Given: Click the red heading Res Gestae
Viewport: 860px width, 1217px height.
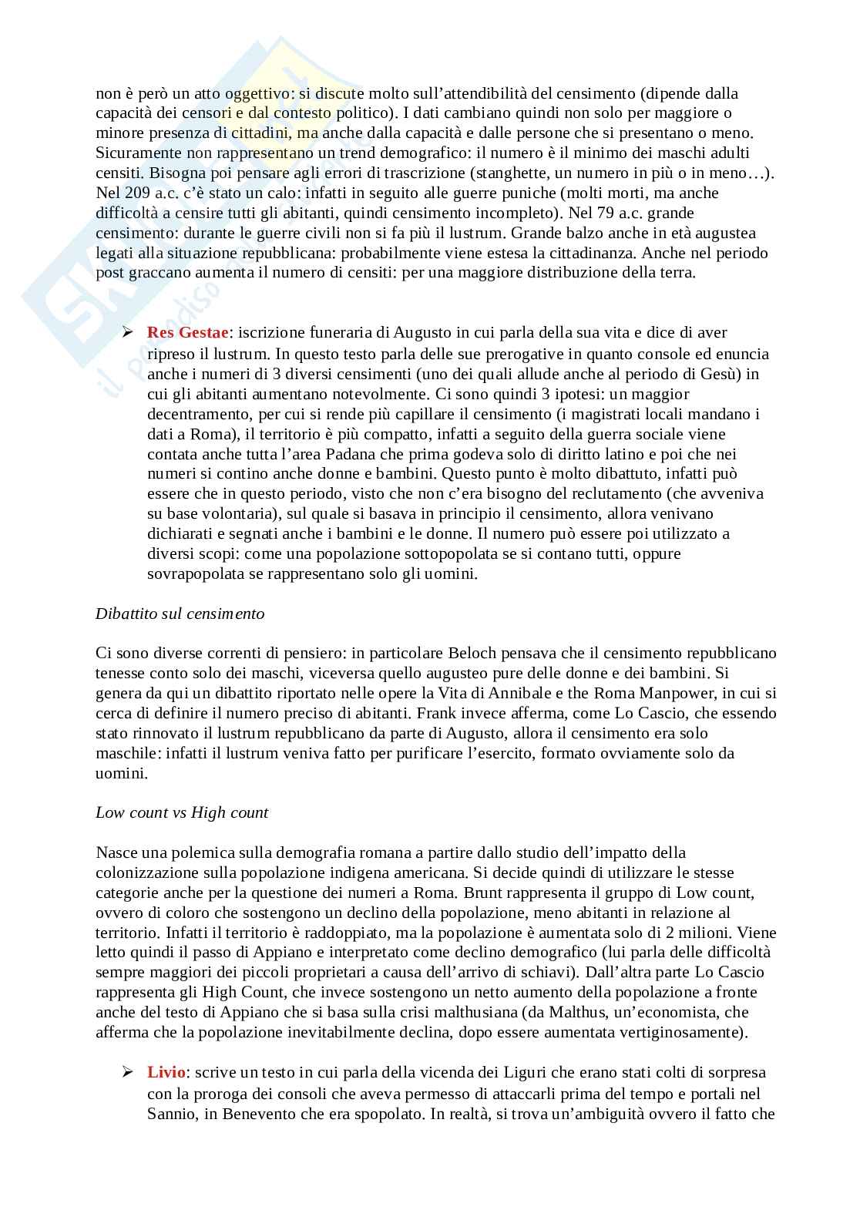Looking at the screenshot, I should pyautogui.click(x=188, y=333).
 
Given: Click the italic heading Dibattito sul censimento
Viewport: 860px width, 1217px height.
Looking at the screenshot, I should pyautogui.click(x=180, y=614).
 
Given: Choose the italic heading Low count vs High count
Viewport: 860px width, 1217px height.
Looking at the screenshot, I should pyautogui.click(x=182, y=812).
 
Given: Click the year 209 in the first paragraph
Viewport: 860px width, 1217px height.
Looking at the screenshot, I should pyautogui.click(x=136, y=193).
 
